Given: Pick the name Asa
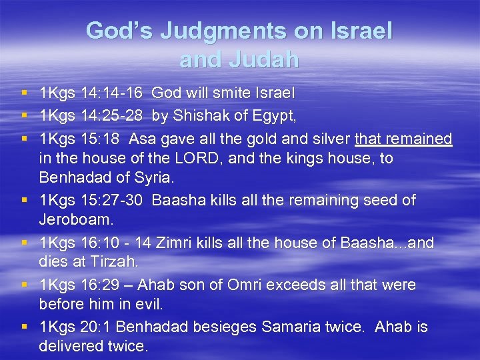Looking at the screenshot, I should coord(142,138).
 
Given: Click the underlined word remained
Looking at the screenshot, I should coord(420,138).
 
